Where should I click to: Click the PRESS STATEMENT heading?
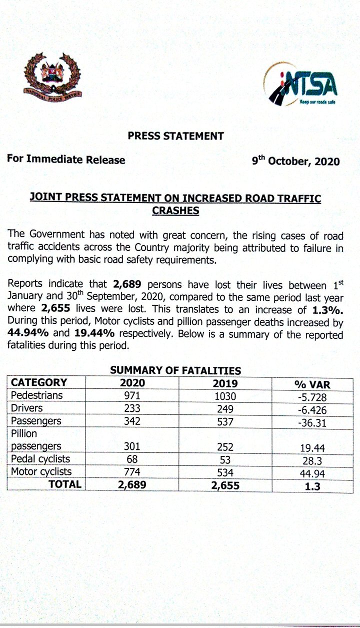click(175, 135)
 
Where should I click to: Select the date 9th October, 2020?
click(295, 161)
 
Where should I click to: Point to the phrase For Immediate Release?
click(66, 160)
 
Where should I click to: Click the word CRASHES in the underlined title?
click(175, 211)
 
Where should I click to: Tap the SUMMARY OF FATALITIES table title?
click(175, 371)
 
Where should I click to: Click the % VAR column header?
click(312, 384)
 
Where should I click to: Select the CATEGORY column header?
click(39, 383)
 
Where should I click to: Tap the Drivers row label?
click(27, 408)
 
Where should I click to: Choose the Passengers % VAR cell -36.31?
click(312, 422)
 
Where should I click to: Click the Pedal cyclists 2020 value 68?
click(132, 459)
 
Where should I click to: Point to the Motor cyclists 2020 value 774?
click(132, 472)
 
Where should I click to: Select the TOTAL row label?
click(64, 484)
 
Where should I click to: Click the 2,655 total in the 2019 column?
click(222, 485)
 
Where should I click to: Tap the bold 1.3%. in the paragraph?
click(327, 309)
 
